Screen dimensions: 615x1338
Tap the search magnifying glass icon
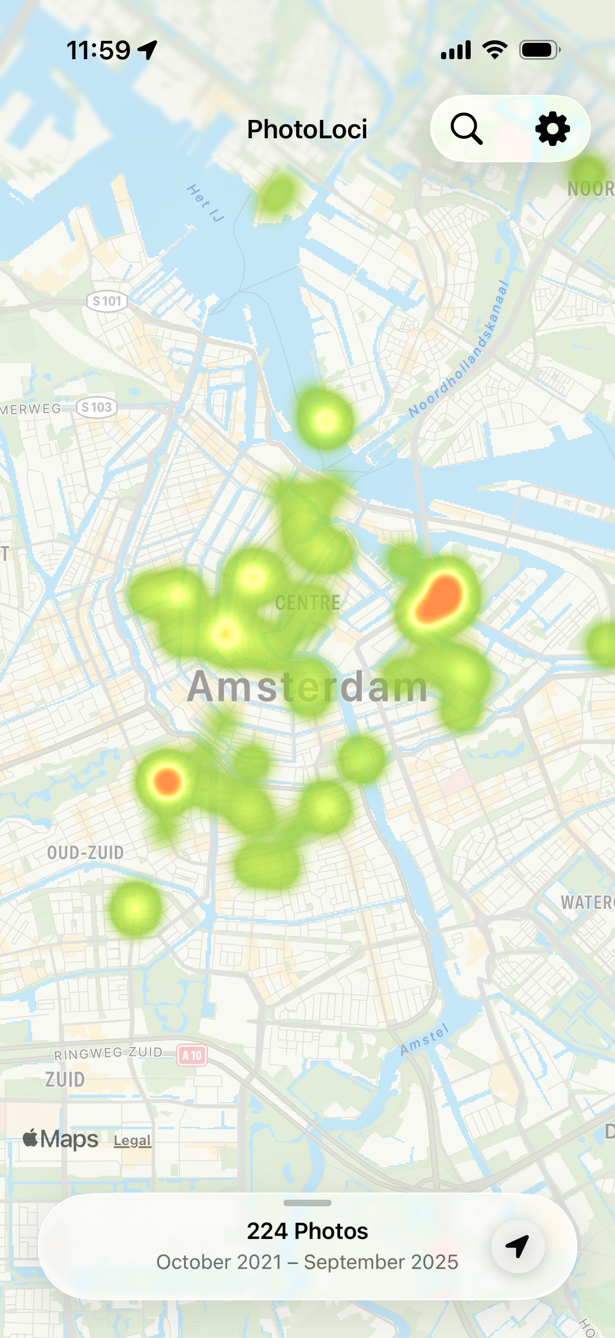tap(466, 128)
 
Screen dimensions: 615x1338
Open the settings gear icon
tap(552, 128)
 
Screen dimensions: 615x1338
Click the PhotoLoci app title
tap(306, 129)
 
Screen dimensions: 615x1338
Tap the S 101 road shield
tap(107, 301)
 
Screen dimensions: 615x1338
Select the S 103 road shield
tap(96, 407)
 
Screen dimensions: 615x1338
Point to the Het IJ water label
tap(205, 203)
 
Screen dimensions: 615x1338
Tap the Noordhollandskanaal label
tap(458, 349)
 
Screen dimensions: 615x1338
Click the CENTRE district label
tap(307, 603)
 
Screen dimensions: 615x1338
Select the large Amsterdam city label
tap(307, 687)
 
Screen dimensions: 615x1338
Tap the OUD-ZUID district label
tap(86, 852)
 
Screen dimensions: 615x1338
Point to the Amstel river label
tap(424, 1039)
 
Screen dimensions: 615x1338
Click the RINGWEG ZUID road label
tap(108, 1053)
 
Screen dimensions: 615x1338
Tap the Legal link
tap(133, 1141)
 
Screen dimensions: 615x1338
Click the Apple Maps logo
tap(60, 1139)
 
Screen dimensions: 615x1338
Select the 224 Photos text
tap(307, 1231)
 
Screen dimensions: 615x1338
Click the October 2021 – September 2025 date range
tap(307, 1262)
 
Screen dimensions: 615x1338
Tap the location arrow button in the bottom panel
tap(518, 1246)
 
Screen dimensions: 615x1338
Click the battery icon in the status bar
tap(539, 50)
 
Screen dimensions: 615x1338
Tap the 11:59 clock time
tap(98, 51)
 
